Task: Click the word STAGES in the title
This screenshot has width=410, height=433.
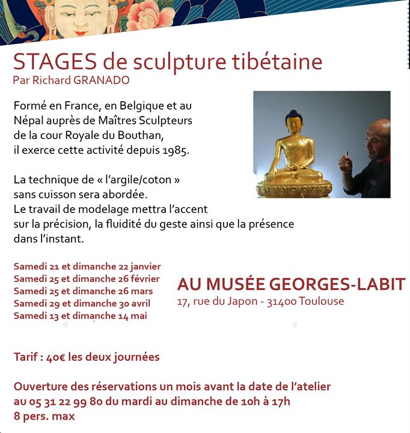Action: pos(55,62)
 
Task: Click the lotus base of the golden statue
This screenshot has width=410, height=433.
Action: pos(294,188)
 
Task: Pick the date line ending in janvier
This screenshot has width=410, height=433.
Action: pos(87,266)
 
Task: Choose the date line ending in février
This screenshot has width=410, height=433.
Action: pos(87,278)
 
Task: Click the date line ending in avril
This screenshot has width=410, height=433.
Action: pos(82,303)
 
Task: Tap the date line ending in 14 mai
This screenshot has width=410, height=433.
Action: pos(80,315)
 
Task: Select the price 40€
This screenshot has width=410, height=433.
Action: pos(56,357)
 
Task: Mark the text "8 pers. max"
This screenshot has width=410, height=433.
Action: pos(44,416)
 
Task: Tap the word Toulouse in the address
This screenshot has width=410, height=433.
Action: pos(325,301)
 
